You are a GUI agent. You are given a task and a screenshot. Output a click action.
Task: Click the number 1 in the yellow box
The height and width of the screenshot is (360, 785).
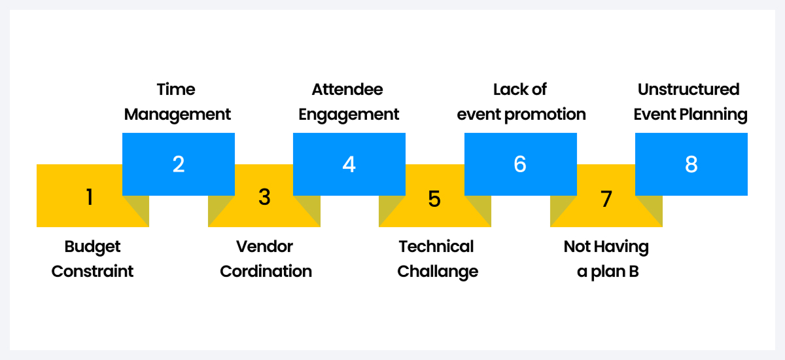click(x=89, y=197)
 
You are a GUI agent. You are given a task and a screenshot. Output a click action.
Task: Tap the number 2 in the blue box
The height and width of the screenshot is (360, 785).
click(x=179, y=164)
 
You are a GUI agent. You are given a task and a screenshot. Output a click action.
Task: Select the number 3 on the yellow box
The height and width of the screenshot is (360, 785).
click(x=264, y=197)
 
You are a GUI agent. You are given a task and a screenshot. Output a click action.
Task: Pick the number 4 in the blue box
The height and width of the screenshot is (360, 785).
click(x=349, y=164)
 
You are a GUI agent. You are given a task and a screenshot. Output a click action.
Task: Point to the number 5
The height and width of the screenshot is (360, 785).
click(x=435, y=198)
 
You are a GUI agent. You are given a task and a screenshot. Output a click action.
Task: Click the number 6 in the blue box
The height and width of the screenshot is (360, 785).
click(x=520, y=164)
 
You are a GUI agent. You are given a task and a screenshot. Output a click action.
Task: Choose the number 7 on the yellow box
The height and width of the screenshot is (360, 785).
click(x=606, y=198)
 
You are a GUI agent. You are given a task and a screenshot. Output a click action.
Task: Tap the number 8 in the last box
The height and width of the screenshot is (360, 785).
click(x=691, y=164)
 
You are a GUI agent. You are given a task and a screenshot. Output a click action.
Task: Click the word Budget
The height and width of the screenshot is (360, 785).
click(x=92, y=247)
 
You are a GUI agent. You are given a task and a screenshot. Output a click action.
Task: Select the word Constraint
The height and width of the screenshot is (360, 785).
click(x=92, y=271)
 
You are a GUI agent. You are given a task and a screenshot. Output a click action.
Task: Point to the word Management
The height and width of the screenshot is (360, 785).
click(x=177, y=115)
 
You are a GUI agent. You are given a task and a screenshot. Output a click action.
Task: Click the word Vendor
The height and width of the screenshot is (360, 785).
click(x=264, y=247)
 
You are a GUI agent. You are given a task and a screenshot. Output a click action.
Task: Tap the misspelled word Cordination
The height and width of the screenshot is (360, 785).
click(x=266, y=271)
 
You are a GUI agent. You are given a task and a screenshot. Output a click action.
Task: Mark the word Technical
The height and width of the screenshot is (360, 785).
click(x=436, y=247)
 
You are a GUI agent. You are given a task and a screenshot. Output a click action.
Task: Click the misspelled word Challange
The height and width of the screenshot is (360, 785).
click(x=438, y=271)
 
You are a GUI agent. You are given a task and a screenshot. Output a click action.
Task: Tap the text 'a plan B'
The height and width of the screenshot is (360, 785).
click(x=608, y=271)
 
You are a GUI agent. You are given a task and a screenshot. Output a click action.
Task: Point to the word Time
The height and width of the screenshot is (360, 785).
click(x=176, y=89)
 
